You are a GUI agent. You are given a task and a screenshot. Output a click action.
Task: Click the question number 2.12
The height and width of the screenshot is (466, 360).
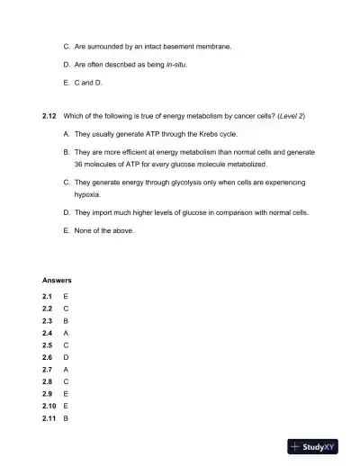pyautogui.click(x=50, y=116)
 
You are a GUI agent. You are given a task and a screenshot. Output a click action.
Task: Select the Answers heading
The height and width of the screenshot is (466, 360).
pyautogui.click(x=57, y=281)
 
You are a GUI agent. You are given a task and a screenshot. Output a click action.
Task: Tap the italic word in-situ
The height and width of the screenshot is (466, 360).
pyautogui.click(x=178, y=65)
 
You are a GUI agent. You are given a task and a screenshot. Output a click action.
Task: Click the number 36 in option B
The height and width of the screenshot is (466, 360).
pyautogui.click(x=78, y=165)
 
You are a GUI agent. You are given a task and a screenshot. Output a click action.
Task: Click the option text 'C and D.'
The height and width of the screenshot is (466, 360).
pyautogui.click(x=88, y=83)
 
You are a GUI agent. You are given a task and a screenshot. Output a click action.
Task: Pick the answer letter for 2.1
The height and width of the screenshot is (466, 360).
pyautogui.click(x=66, y=295)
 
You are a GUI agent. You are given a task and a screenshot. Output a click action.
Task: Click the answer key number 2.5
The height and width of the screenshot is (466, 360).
pyautogui.click(x=47, y=345)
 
